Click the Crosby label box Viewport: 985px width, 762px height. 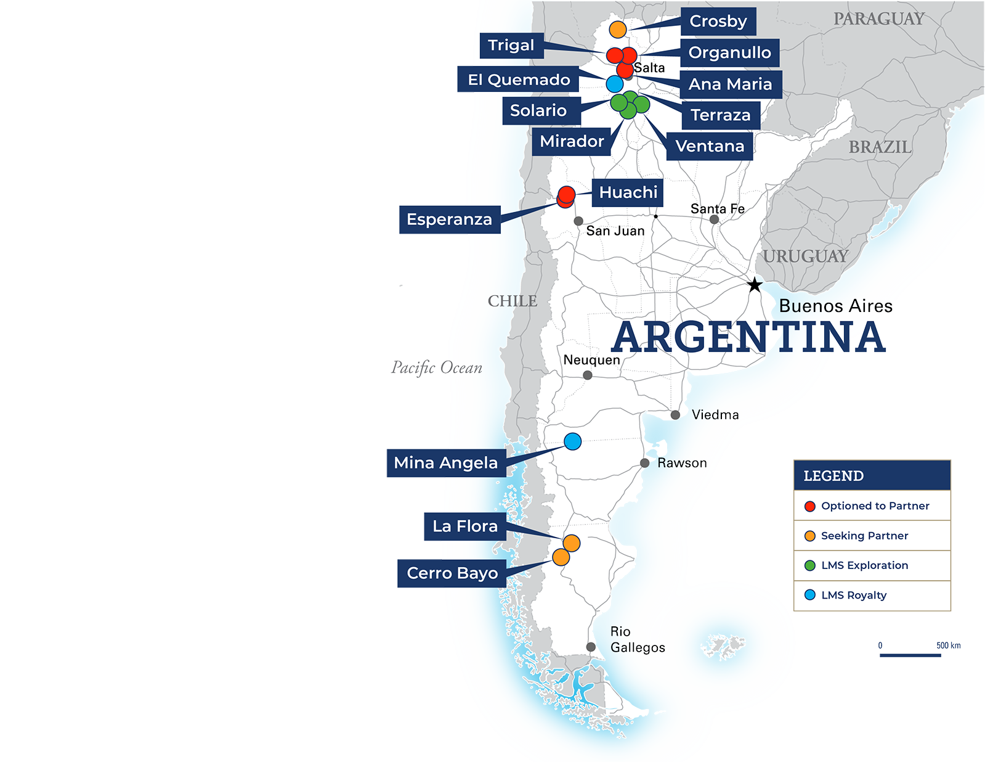718,22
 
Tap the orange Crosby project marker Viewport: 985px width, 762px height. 618,29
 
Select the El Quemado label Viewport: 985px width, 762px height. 519,80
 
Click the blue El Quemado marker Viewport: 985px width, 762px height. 615,84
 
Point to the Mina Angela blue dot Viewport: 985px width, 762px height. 573,441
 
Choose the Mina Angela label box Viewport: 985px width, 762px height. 446,463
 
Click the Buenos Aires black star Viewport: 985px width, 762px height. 755,285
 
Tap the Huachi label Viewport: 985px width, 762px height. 628,192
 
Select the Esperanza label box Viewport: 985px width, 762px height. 449,219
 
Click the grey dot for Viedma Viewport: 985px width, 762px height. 675,415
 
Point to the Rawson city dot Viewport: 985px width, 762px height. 644,463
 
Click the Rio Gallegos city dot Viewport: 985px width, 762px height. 591,647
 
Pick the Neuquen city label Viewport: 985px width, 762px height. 591,360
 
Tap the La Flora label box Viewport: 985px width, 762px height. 465,526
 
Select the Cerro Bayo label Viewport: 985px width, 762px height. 452,573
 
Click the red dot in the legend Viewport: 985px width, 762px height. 810,506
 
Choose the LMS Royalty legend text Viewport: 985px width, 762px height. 854,596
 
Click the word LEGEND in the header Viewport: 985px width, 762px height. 833,476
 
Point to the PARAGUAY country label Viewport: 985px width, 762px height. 879,19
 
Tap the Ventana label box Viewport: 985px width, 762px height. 710,147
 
